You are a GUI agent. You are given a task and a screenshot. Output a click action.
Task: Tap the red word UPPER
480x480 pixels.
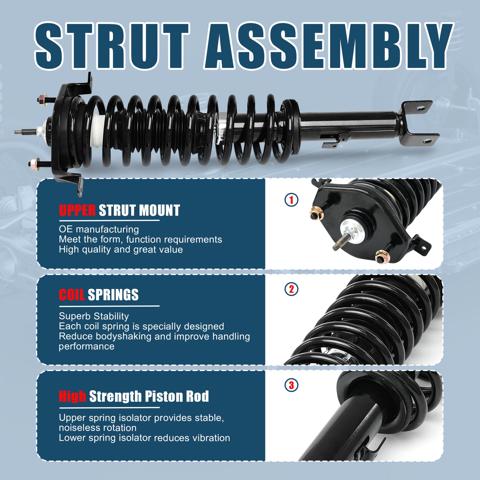(x=77, y=211)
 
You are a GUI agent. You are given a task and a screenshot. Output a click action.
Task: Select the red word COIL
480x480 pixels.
(x=71, y=295)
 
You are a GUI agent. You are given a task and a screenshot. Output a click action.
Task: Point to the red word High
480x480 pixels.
(x=72, y=396)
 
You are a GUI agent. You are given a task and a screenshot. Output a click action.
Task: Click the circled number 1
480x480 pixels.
(x=291, y=200)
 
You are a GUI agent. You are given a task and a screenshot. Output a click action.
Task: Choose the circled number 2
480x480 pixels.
(x=291, y=289)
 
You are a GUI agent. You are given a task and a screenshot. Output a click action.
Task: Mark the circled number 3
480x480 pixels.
(x=291, y=385)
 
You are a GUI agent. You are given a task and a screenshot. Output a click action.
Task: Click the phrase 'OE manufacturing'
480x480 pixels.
(x=99, y=229)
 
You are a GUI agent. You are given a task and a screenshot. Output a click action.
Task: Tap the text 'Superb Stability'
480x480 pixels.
(x=94, y=316)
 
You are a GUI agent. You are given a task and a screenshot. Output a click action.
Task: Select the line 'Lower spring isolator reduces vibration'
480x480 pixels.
(x=144, y=438)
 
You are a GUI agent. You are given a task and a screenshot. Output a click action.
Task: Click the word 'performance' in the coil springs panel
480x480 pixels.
(x=86, y=346)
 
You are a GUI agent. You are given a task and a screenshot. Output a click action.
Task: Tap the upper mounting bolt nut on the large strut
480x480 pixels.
(x=42, y=99)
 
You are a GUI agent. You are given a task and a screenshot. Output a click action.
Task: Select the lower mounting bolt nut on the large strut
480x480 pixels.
(x=33, y=163)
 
